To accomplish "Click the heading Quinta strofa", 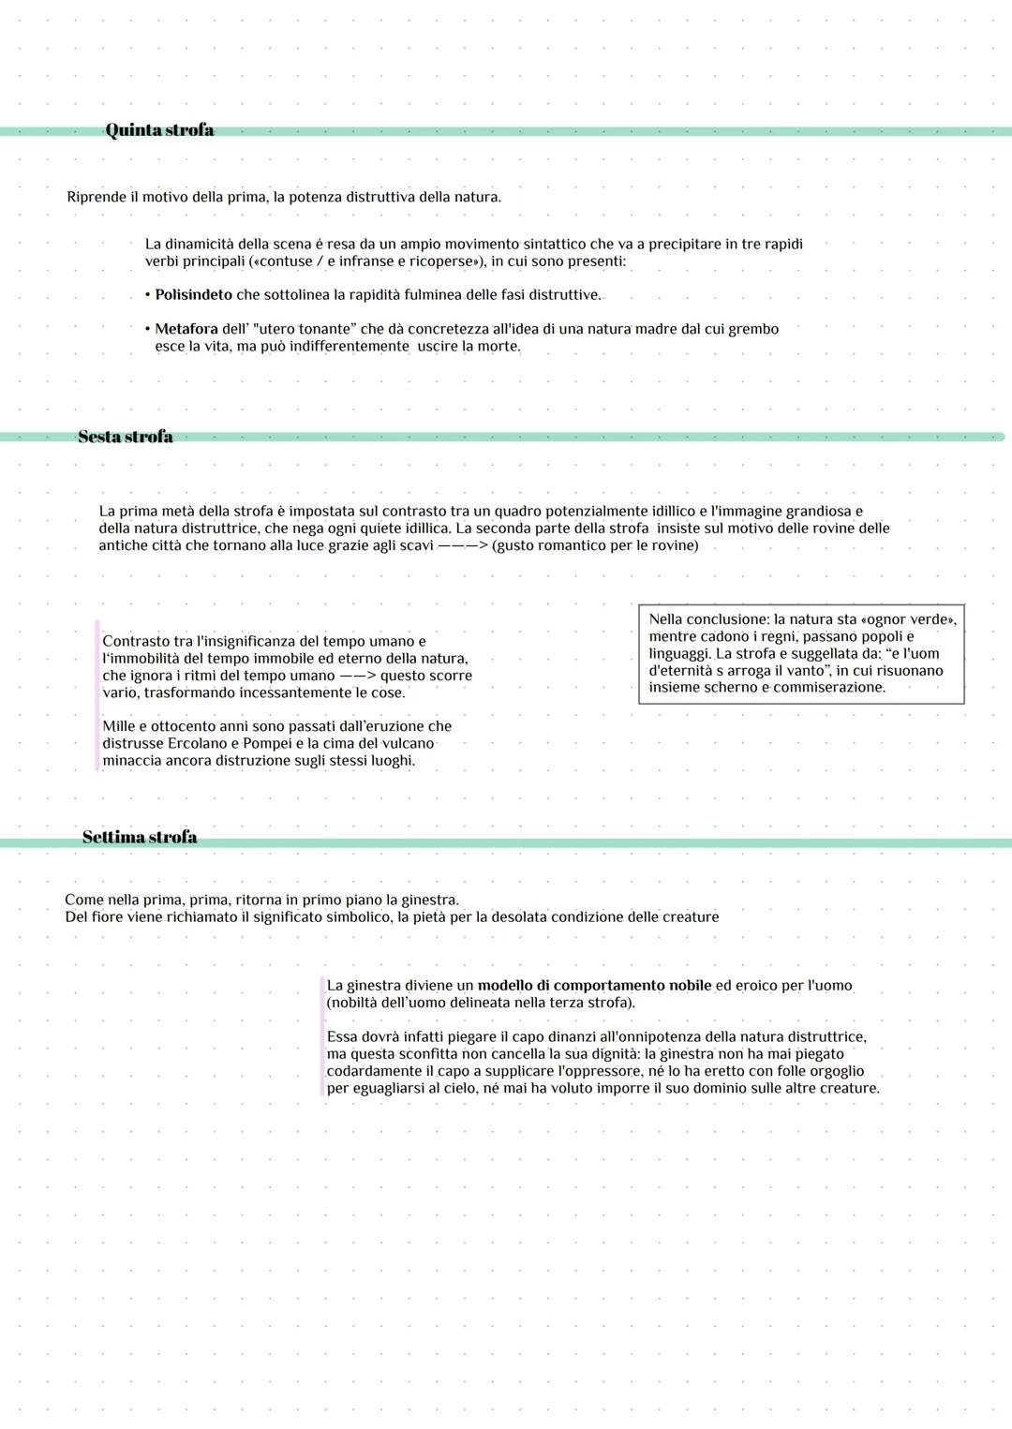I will (x=159, y=130).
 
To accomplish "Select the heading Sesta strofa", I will (x=126, y=437).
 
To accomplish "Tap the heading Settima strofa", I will (x=140, y=837).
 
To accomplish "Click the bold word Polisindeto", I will (x=193, y=295).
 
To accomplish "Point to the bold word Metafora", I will (x=186, y=329).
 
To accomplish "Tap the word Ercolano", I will (x=197, y=743).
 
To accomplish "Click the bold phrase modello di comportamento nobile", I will (x=594, y=986).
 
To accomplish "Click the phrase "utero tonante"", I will (x=305, y=329).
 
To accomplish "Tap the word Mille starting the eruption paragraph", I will (x=119, y=726).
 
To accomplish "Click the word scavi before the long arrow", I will (x=416, y=545).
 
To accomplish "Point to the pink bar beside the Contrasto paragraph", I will (x=97, y=694).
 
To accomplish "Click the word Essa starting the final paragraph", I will (x=342, y=1037).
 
